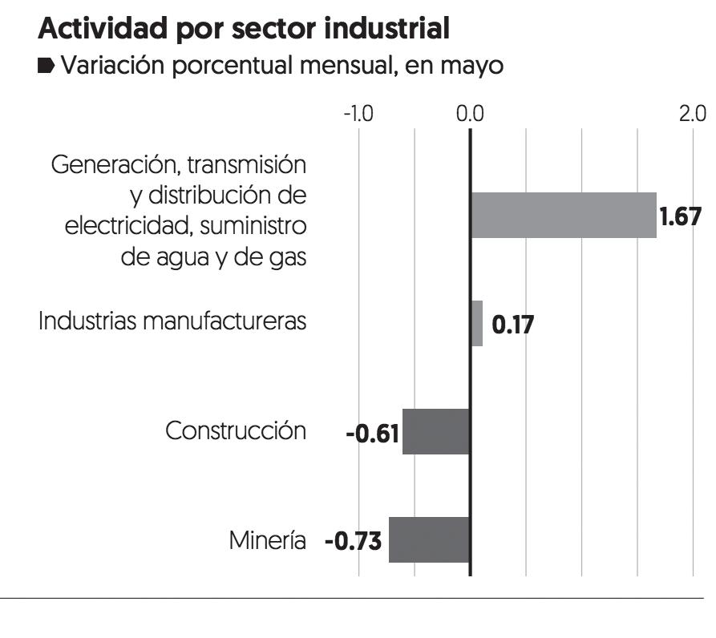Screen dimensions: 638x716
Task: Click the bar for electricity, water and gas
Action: [563, 215]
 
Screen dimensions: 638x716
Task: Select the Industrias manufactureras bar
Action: [476, 323]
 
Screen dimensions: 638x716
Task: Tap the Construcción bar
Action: [435, 431]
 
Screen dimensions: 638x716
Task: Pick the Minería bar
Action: [429, 539]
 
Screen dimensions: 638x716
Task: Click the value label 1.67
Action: [681, 216]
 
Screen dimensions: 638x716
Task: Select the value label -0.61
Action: [373, 433]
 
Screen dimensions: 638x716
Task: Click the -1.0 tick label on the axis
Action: [358, 112]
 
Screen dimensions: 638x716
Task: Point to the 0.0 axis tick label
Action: [470, 112]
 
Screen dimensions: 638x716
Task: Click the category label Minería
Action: [267, 541]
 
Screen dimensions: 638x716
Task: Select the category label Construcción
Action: [236, 430]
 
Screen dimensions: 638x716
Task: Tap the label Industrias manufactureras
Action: [172, 322]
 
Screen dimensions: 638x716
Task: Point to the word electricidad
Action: [127, 227]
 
